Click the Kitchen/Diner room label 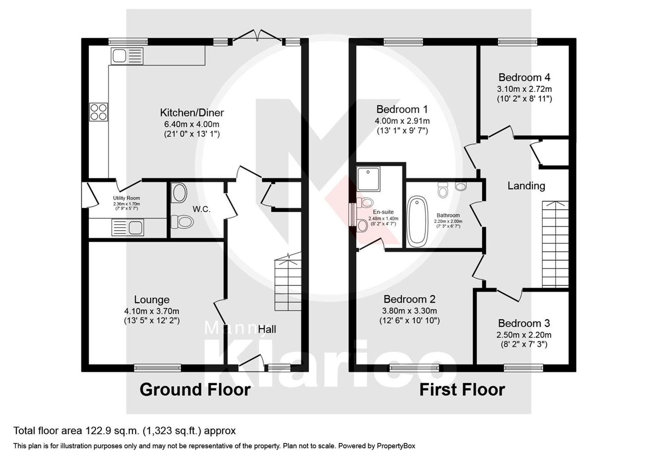[x=192, y=113]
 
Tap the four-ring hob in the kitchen [x=99, y=112]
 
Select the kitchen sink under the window [x=127, y=56]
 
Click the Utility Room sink [x=128, y=228]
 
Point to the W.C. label [x=201, y=209]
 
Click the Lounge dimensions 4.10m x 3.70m [x=151, y=311]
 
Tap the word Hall [x=267, y=329]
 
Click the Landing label [x=526, y=186]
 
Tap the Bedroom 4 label [x=524, y=77]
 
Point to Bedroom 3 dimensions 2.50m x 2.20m [x=524, y=335]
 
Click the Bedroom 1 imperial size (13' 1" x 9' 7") [x=402, y=131]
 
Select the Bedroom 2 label [x=409, y=299]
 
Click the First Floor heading [x=462, y=390]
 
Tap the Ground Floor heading [x=195, y=390]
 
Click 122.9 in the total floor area [x=96, y=430]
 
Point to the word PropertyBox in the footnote [x=396, y=446]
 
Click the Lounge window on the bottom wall [x=157, y=368]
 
